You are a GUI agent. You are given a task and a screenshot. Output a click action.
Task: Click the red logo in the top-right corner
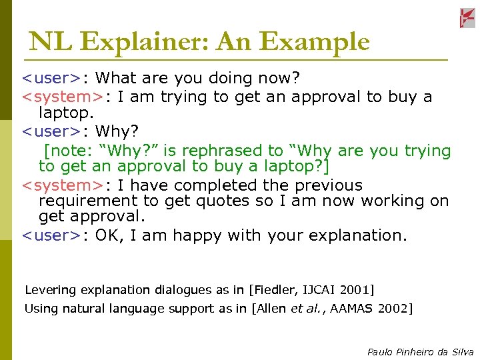pos(467,19)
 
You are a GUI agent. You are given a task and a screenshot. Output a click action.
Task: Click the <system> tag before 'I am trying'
pos(63,97)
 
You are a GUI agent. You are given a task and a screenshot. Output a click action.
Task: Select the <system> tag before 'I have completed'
pos(63,185)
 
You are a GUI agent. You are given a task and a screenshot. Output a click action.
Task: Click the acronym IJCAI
pos(319,290)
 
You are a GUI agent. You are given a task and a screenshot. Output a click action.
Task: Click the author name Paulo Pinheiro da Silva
pos(420,351)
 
